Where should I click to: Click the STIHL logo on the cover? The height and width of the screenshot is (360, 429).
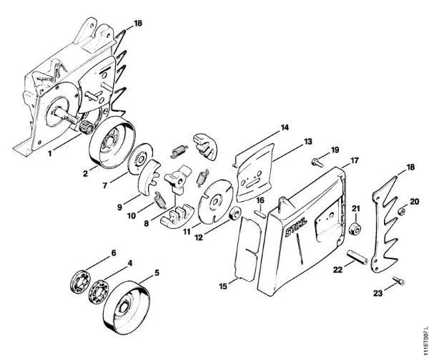tap(296, 228)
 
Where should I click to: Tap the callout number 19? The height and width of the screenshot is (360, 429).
tap(335, 150)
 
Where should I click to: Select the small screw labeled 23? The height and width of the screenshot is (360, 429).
tap(399, 281)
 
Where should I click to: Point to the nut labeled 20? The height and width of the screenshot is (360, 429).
tap(401, 211)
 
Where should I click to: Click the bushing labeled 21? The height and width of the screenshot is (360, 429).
tap(355, 228)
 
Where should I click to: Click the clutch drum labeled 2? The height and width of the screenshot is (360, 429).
tap(112, 142)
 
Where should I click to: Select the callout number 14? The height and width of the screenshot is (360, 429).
tap(285, 127)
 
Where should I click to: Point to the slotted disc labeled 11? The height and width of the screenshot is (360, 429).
tap(216, 202)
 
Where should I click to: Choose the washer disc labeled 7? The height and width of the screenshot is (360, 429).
tap(141, 159)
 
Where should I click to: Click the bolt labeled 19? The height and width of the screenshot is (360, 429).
tap(317, 162)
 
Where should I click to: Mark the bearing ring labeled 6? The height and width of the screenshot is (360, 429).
tap(80, 282)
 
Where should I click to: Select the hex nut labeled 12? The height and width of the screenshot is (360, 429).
tap(235, 213)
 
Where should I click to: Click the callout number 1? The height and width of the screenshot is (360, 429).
tap(50, 154)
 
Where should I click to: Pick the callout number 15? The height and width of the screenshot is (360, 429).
tap(223, 286)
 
